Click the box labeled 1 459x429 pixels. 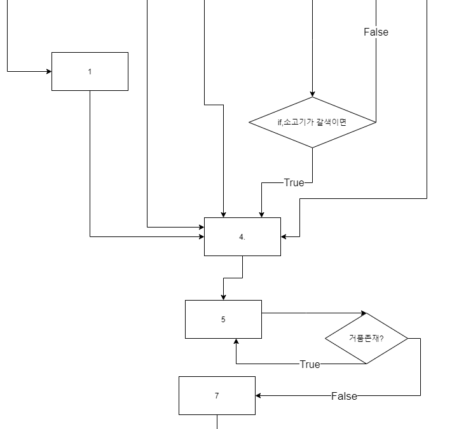[90, 71]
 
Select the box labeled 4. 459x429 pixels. [242, 236]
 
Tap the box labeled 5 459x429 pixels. [223, 319]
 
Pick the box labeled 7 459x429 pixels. [217, 395]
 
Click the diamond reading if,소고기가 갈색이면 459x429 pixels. [312, 122]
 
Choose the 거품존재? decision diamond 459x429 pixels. [366, 338]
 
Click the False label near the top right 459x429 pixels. [376, 32]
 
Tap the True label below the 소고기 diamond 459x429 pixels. [294, 182]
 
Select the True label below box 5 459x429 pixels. [310, 364]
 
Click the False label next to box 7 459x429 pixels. [344, 396]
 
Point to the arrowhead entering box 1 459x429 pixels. [48, 71]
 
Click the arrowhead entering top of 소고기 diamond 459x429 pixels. [312, 93]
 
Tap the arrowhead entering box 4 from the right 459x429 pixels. [284, 236]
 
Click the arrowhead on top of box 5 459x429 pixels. [223, 297]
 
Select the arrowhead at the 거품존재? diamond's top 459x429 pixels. [363, 313]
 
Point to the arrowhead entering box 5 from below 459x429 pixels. [236, 342]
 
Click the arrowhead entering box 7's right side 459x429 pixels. [259, 395]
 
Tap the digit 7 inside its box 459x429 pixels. [217, 395]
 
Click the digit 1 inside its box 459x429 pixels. [90, 71]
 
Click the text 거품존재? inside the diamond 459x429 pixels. [366, 338]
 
